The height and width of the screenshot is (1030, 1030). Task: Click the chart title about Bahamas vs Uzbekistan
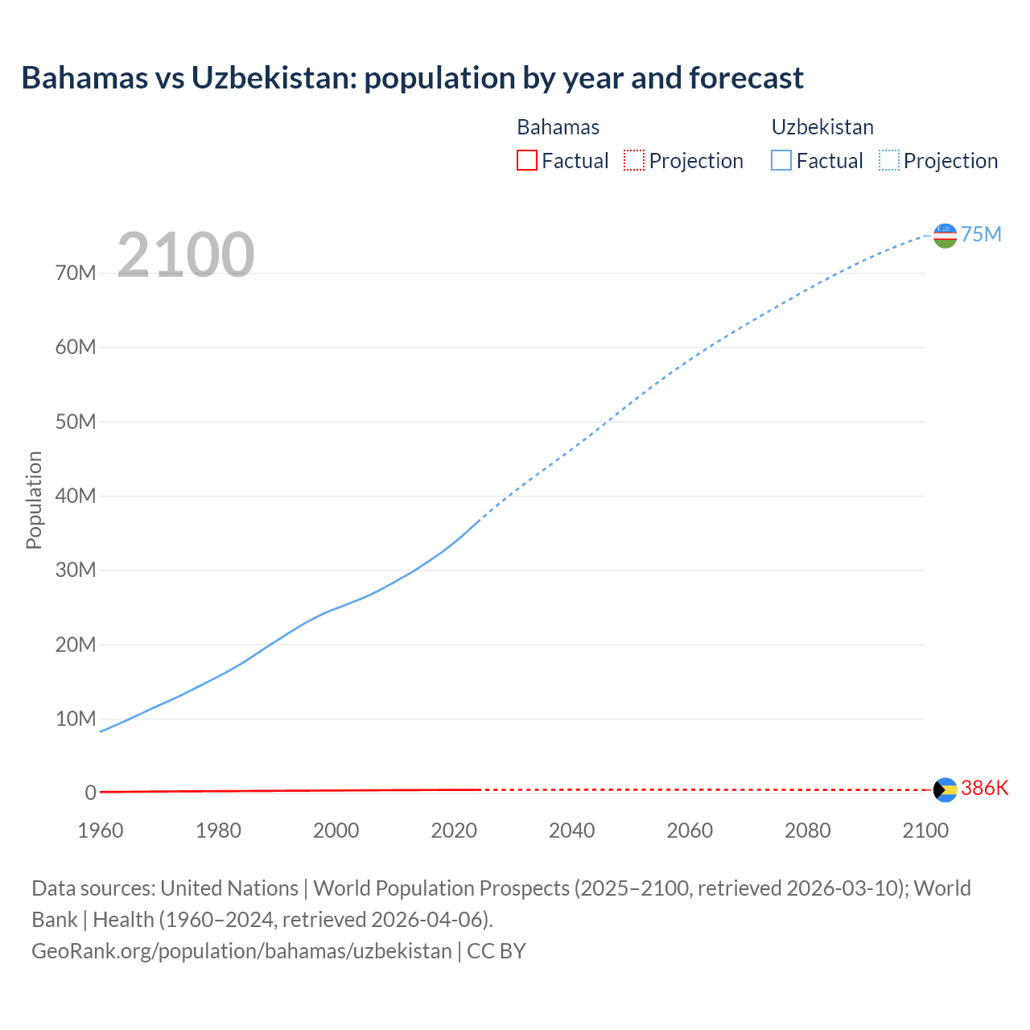(x=412, y=78)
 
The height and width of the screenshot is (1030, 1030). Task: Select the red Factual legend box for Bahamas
(x=526, y=160)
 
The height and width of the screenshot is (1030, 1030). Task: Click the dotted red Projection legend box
(x=634, y=160)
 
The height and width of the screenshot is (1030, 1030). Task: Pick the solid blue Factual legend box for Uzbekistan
(x=781, y=160)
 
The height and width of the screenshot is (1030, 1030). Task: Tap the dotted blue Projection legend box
(x=888, y=160)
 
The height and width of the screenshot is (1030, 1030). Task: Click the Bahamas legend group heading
(x=558, y=127)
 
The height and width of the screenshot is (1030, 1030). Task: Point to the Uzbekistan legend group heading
(x=822, y=127)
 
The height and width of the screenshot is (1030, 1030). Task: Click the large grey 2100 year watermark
(x=186, y=255)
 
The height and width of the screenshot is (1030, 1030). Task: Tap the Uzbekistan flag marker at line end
(x=945, y=236)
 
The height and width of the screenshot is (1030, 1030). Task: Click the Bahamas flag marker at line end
(x=945, y=789)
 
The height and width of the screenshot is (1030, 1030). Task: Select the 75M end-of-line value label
(x=981, y=234)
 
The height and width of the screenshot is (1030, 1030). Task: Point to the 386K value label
(x=984, y=788)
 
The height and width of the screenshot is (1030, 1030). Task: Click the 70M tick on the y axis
(x=76, y=273)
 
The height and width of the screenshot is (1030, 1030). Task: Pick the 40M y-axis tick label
(x=76, y=496)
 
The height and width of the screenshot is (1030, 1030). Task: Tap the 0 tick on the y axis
(x=90, y=793)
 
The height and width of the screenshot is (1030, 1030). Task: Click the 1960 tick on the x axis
(x=101, y=830)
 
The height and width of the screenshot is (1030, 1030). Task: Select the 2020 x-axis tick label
(x=454, y=830)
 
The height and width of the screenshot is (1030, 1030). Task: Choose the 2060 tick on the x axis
(x=690, y=830)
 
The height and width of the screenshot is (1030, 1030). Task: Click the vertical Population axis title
(x=34, y=500)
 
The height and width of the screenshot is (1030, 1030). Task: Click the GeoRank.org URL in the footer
(x=241, y=951)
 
